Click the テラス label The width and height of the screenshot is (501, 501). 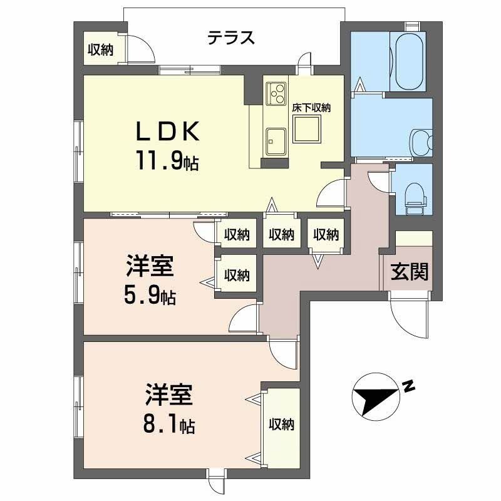coord(230,38)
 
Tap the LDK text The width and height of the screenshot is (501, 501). coord(168,132)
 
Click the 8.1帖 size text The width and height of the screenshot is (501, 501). coord(168,425)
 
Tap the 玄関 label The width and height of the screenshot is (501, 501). coord(410,272)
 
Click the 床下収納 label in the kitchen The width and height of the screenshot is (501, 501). coord(311,108)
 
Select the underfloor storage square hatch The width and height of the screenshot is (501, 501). coord(307,130)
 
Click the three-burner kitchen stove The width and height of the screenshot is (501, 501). coord(276,93)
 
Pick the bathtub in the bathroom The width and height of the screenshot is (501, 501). coord(410,61)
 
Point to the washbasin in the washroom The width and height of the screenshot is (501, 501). coord(421,143)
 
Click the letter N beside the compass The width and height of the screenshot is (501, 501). coord(408,386)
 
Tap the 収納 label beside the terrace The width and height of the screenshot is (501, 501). coord(101,49)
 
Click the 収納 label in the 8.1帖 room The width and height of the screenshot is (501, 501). coord(281,425)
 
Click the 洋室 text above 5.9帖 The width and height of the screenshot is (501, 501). coord(150,265)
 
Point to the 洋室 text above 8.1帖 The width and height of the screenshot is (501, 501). coord(168,394)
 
